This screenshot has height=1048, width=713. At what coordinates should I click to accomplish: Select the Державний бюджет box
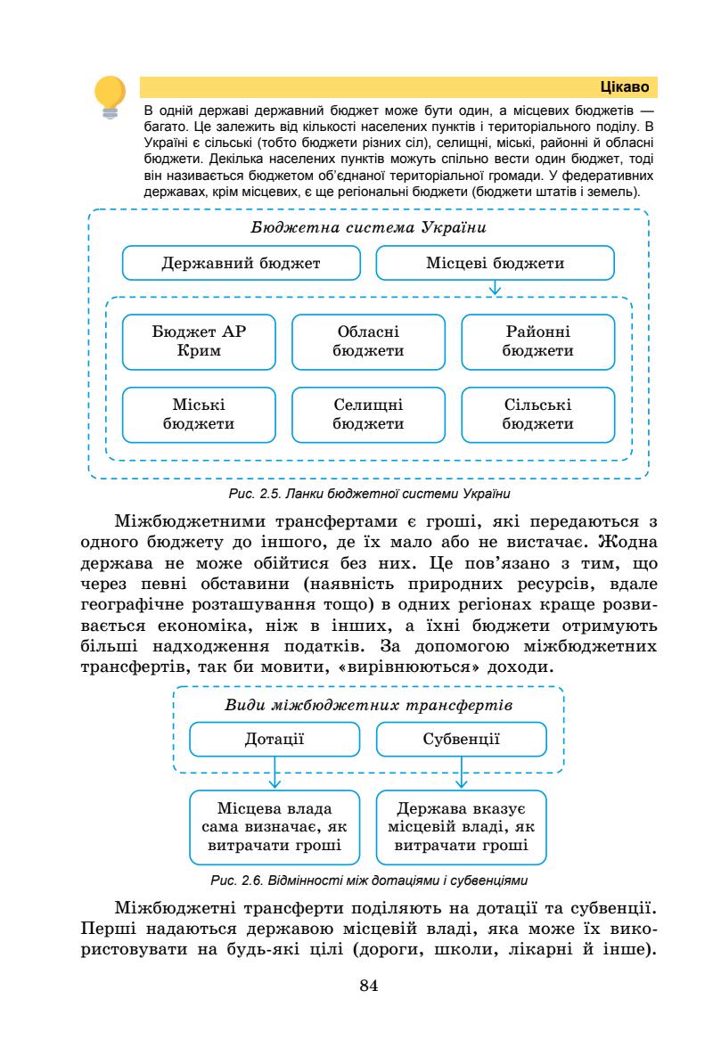coord(241,264)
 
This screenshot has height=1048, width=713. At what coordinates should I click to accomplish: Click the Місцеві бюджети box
coord(495,264)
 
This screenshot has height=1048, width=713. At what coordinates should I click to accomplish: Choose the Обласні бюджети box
coord(368,341)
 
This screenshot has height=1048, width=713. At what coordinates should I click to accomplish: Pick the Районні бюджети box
coord(537,341)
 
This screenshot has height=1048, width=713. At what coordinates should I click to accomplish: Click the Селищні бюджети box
coord(368,414)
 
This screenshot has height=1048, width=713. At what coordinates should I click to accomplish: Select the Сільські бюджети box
coord(537,414)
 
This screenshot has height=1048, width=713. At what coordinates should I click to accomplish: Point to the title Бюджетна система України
coord(368,227)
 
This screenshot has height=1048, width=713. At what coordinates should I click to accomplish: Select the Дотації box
coord(275,739)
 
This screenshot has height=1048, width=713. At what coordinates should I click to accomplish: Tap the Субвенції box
coord(461,739)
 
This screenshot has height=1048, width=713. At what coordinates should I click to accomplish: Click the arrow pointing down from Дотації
coord(275,772)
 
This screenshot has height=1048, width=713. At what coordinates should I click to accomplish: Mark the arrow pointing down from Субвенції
coord(461,772)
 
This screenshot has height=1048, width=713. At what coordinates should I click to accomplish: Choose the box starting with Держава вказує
coord(461,828)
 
